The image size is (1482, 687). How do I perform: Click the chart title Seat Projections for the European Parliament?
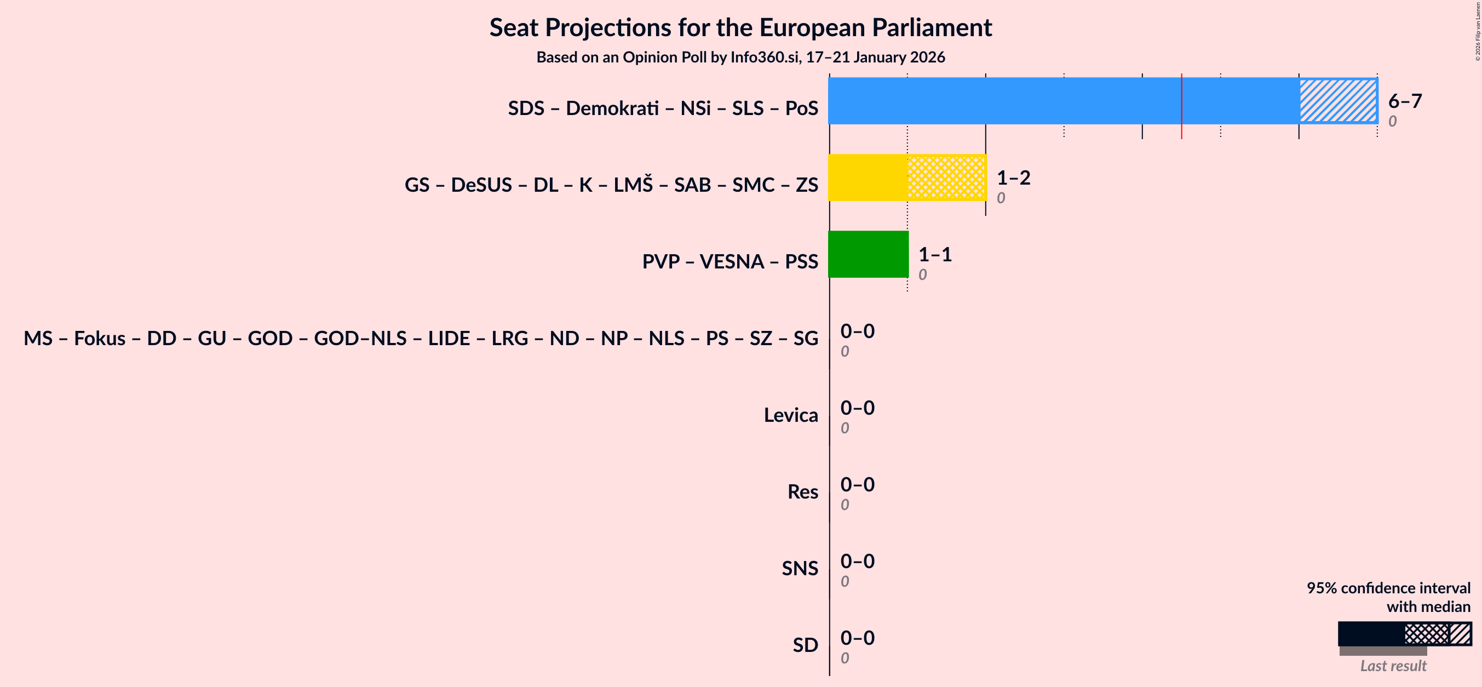point(740,27)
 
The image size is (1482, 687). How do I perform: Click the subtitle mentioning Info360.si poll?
point(740,58)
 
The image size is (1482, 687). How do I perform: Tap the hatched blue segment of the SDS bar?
point(1337,101)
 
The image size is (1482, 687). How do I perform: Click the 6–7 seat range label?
point(1404,101)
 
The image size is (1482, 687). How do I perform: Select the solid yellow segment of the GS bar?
point(868,177)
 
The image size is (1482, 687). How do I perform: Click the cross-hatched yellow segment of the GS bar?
point(946,177)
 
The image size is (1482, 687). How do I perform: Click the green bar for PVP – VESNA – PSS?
point(868,254)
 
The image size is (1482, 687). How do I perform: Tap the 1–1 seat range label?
point(935,254)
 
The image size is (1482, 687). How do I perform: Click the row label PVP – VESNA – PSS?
point(729,262)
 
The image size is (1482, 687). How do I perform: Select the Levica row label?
point(790,415)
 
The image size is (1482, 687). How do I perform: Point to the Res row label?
point(802,492)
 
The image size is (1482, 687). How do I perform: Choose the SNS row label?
point(799,569)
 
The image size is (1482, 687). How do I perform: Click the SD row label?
point(805,645)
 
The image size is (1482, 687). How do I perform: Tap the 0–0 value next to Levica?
point(857,408)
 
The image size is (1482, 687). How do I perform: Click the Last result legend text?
point(1393,666)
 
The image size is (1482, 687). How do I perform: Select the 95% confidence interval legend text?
point(1388,588)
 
